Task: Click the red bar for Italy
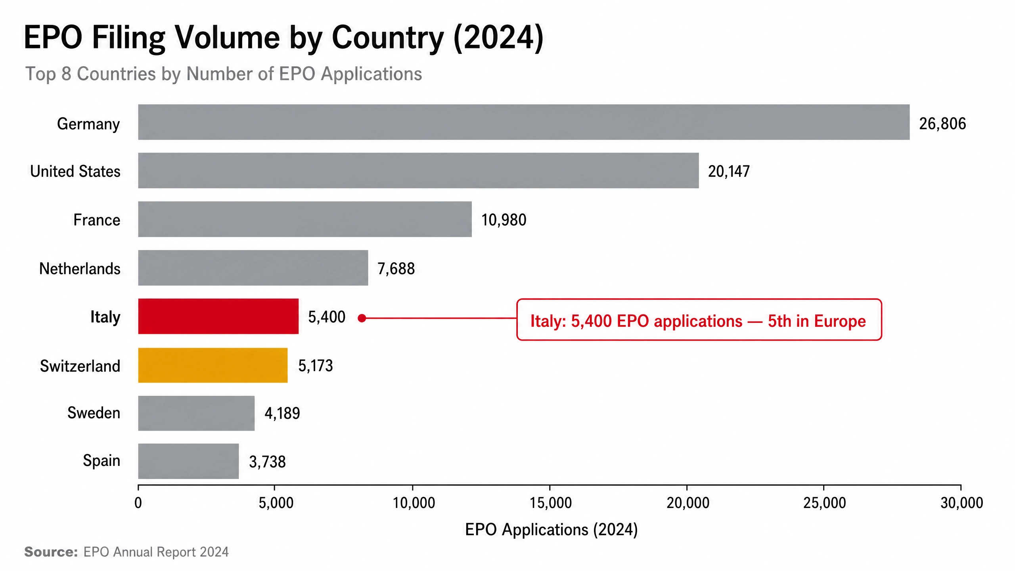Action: tap(218, 316)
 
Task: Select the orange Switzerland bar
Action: tap(213, 365)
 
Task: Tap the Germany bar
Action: tap(524, 122)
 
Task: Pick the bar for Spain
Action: tap(188, 461)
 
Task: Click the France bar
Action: tap(305, 219)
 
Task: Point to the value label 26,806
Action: tap(942, 124)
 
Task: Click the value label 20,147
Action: tap(729, 171)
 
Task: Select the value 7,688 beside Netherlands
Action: tap(396, 269)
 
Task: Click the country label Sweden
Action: tap(94, 413)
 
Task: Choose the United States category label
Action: tap(75, 171)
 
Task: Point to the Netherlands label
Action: tap(80, 268)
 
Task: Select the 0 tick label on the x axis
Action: tap(138, 503)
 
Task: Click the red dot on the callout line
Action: tap(362, 318)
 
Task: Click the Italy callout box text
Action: tap(698, 321)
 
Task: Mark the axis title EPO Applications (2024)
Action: tap(551, 530)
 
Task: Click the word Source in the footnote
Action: tap(51, 552)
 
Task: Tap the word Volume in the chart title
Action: tap(228, 37)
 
